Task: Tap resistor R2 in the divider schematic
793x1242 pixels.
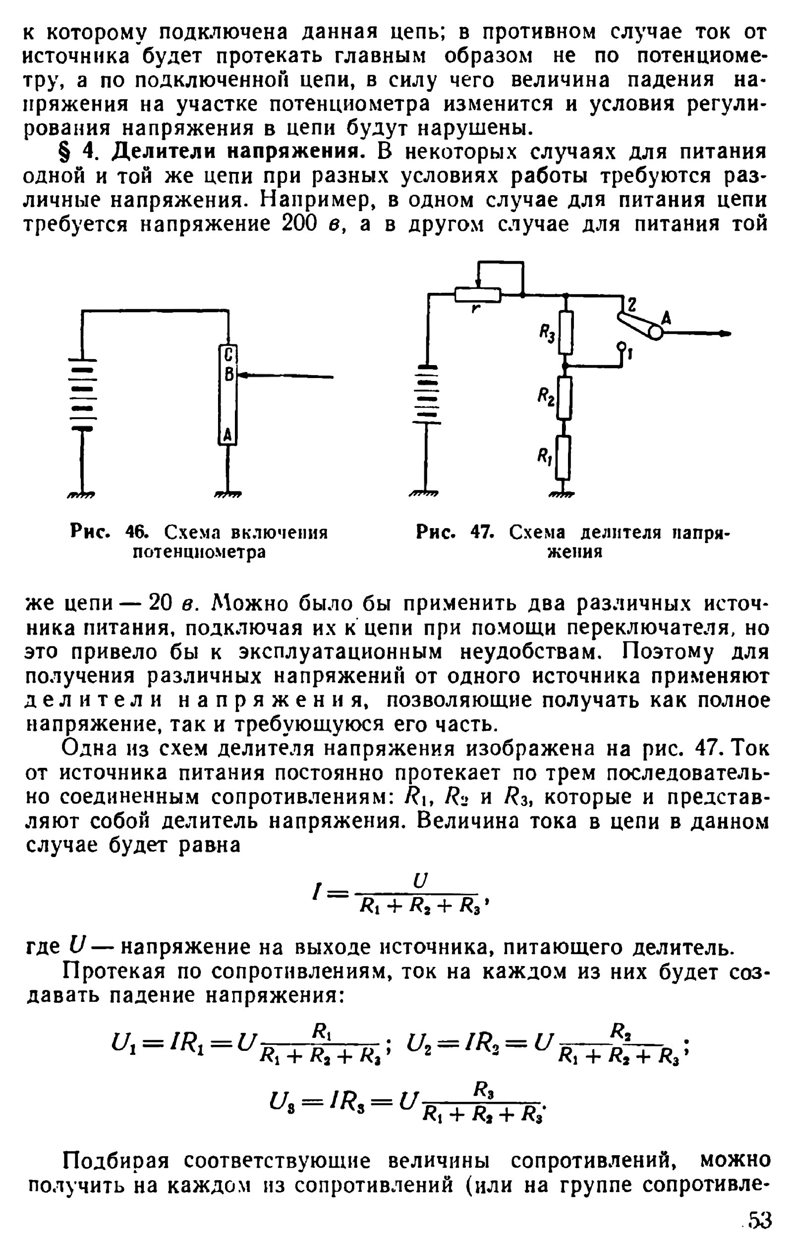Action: (565, 398)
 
